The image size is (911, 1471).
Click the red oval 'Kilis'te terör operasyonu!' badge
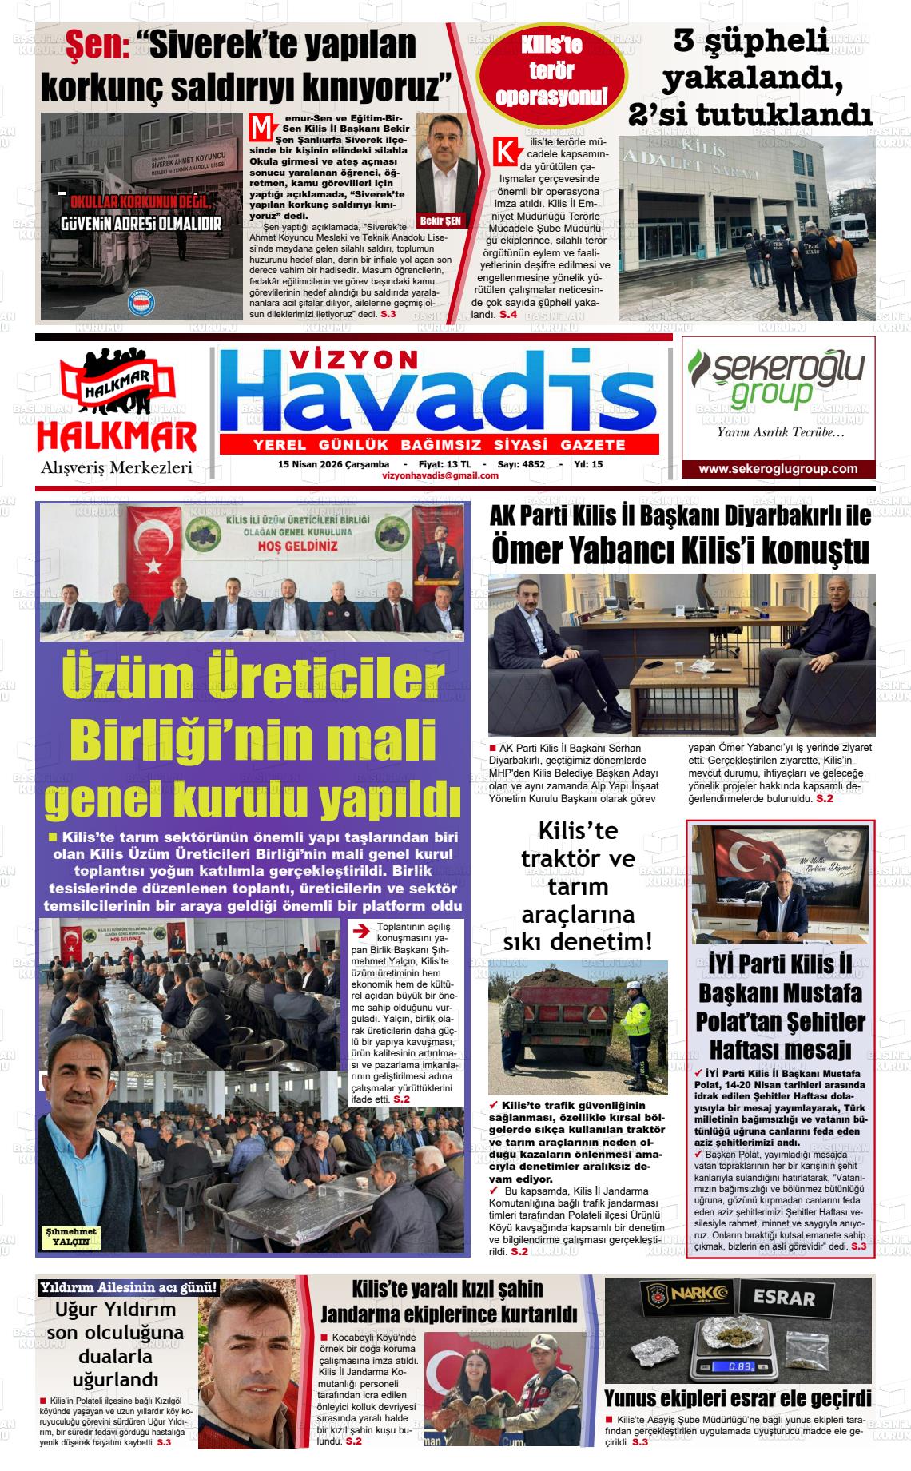click(551, 72)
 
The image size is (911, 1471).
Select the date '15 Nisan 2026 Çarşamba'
click(333, 464)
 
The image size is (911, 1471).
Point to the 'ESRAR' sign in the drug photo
click(783, 1298)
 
